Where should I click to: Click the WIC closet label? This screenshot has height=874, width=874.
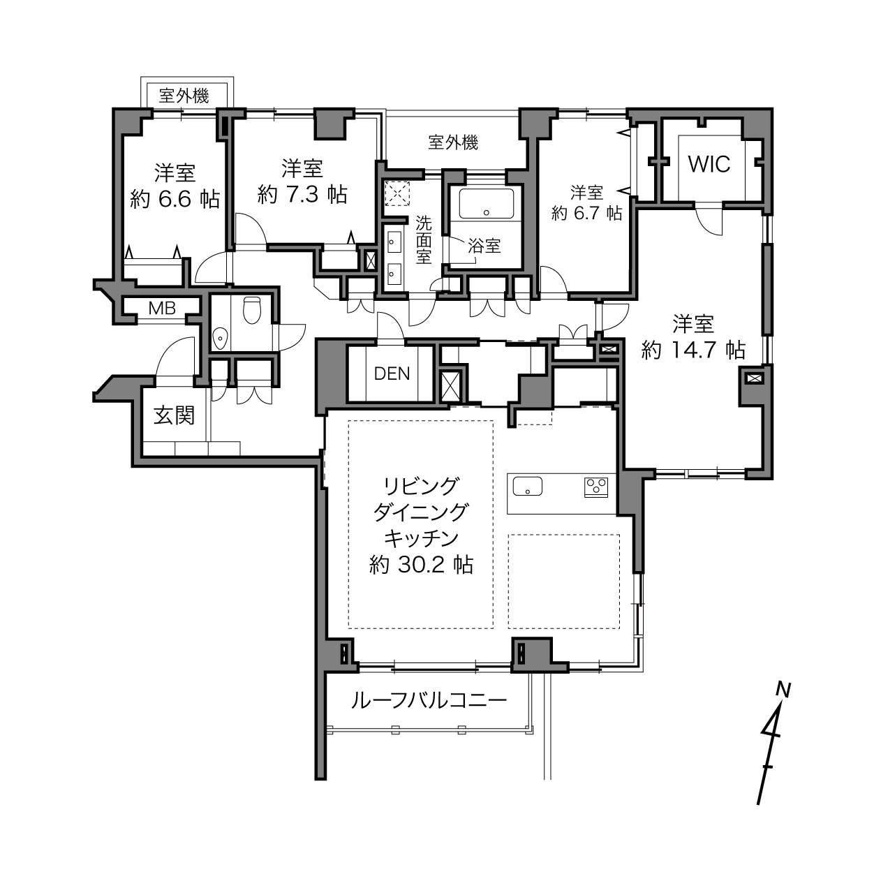[709, 164]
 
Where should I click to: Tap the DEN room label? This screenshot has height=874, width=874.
[392, 373]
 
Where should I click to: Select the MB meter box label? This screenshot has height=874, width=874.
[162, 309]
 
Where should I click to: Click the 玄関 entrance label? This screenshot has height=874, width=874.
[174, 415]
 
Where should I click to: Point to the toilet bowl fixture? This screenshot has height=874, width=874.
[252, 309]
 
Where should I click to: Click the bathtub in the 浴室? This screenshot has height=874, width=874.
[486, 204]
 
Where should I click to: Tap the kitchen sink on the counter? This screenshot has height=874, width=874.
[528, 486]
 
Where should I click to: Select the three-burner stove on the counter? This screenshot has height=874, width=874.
[596, 487]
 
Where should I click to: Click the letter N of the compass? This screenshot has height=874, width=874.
[783, 690]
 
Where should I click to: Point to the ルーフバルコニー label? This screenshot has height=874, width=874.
[429, 701]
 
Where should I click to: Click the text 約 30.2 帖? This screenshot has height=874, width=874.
[422, 565]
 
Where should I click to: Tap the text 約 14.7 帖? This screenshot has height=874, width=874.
[693, 350]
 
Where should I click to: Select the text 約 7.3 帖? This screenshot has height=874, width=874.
[302, 195]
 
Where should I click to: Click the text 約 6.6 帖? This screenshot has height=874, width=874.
[175, 199]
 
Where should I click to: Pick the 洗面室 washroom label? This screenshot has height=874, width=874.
[424, 240]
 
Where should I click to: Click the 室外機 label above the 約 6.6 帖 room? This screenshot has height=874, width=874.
[184, 96]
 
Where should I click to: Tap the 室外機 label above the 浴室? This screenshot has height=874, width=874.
[453, 143]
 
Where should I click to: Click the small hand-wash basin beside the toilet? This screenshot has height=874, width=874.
[221, 338]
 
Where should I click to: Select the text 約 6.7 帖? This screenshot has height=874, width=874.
[586, 213]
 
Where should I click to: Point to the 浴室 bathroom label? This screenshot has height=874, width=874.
[484, 245]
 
